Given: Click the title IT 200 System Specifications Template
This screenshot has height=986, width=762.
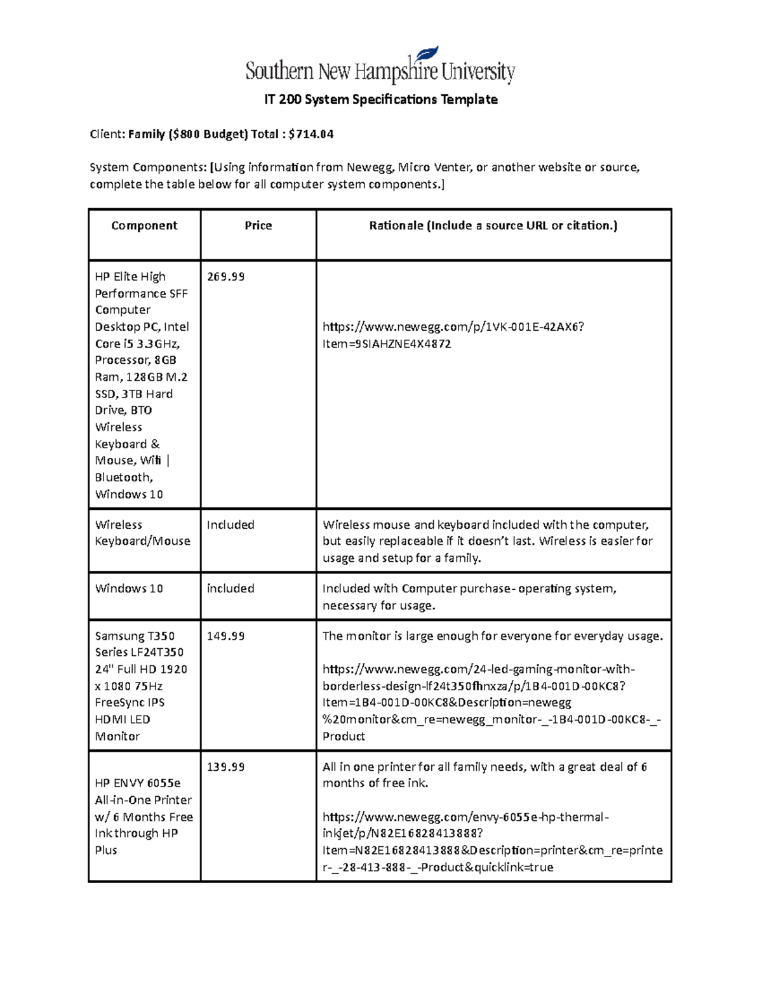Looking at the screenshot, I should point(380,100).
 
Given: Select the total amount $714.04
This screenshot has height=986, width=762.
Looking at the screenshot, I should point(311,134).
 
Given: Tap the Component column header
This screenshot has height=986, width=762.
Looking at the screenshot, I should point(144,225).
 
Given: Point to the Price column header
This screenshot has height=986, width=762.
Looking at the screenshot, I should point(258,225).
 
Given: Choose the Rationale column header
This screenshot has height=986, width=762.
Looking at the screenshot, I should point(493,225).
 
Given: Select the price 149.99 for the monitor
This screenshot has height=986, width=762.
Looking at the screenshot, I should point(225,636).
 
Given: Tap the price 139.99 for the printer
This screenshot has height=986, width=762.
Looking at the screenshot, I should point(225,767).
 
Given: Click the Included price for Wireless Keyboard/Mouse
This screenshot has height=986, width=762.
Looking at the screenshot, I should point(231,525).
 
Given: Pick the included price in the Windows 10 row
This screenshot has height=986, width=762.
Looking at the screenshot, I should point(231,589).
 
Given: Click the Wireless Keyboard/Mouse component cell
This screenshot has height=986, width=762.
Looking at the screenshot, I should point(142,533).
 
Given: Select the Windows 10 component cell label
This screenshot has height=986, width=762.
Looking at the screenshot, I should point(129,589).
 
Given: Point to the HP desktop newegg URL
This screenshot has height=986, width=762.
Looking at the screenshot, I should point(453,335).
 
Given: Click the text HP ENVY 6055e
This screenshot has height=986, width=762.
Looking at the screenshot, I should point(138,783).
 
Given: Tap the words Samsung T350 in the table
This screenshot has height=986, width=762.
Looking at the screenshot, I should point(135,636).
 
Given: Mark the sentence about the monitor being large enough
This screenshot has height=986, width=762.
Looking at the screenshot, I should point(493,636).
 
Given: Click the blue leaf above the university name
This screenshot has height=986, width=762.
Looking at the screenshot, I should point(426,54).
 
